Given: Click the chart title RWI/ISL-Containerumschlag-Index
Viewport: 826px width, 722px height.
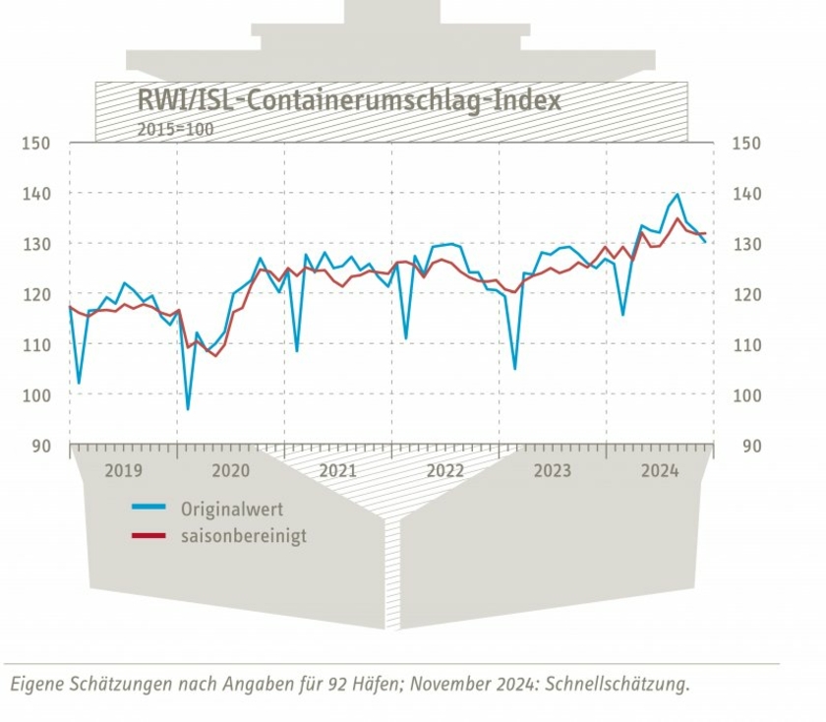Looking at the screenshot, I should tap(348, 100).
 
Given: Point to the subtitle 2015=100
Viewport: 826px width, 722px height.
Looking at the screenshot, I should tap(175, 128).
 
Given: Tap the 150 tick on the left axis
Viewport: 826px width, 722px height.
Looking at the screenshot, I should tap(35, 144).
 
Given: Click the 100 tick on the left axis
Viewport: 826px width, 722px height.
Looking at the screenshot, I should tap(35, 395).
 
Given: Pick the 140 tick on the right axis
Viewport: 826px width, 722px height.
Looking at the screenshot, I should tap(746, 194).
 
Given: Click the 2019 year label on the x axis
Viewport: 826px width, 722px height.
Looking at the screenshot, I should tap(123, 471).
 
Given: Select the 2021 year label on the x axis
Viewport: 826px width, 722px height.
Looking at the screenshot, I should tap(337, 471).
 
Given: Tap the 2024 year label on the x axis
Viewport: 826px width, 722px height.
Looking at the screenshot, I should tap(660, 471).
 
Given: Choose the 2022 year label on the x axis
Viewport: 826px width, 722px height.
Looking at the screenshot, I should tap(445, 471).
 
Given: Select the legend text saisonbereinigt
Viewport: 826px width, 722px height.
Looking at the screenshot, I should tap(243, 537).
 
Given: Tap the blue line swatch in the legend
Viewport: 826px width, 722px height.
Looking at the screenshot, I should tap(148, 509).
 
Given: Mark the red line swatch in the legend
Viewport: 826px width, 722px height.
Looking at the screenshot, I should tap(148, 536).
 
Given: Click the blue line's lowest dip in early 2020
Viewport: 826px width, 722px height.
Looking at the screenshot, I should tap(188, 408).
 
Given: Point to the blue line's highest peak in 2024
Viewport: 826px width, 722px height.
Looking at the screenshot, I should tap(677, 195).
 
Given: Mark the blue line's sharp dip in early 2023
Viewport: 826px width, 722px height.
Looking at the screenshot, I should tap(514, 368).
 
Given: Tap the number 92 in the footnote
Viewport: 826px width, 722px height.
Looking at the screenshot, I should tap(336, 685).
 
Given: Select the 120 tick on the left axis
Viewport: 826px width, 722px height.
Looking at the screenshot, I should tap(35, 294).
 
